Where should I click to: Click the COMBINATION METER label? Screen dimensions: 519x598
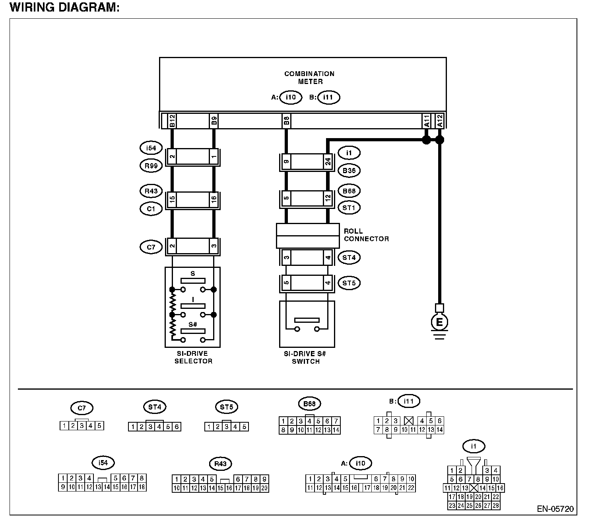coord(309,77)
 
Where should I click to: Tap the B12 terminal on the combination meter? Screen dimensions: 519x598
coord(172,121)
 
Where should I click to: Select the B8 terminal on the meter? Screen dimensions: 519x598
coord(286,121)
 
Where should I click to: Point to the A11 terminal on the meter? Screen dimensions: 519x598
coord(426,121)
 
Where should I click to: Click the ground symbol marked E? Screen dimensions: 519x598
coord(439,322)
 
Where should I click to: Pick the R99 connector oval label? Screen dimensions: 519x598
coord(151,165)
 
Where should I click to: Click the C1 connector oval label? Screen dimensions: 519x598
coord(151,208)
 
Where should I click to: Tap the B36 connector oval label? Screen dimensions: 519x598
coord(349,171)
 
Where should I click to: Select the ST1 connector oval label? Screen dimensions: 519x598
coord(349,207)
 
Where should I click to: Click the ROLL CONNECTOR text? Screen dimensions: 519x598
coord(366,235)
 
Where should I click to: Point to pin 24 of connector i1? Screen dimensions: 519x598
coord(328,162)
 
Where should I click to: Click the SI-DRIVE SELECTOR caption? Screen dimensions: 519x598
coord(193,357)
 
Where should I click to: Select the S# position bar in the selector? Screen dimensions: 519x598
coord(193,331)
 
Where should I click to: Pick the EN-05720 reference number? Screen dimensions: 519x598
coord(555,509)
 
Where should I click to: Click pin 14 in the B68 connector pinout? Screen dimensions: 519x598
coord(336,430)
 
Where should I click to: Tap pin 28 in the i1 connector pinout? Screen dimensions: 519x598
coord(495,505)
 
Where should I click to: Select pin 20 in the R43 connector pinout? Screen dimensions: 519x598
coord(264,488)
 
